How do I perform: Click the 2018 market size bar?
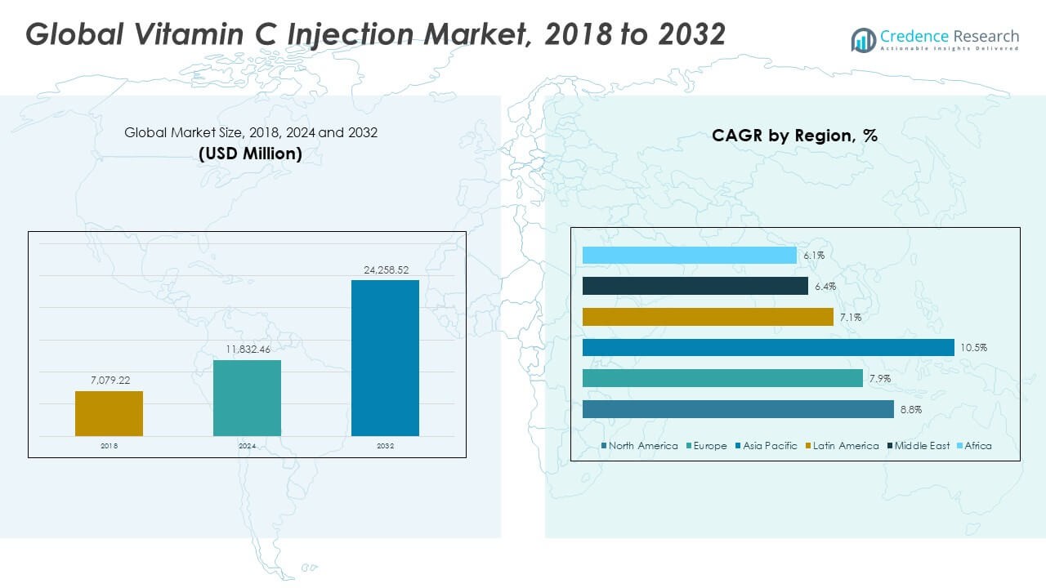[x=109, y=413]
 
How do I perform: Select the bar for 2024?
[x=247, y=398]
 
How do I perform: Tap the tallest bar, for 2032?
[x=385, y=358]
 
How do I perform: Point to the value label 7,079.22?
[x=109, y=381]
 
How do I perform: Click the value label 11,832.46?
[x=247, y=349]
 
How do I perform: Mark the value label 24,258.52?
[x=385, y=269]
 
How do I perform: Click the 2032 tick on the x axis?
[x=385, y=446]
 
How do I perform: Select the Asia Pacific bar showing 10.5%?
[x=768, y=347]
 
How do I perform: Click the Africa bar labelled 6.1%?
[x=689, y=256]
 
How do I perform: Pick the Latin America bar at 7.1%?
[x=708, y=317]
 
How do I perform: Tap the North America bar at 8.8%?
[x=738, y=409]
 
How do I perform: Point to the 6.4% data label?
[x=825, y=287]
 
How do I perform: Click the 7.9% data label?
[x=879, y=379]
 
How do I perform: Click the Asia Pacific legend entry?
[x=769, y=446]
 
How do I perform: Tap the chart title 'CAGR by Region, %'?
[x=794, y=136]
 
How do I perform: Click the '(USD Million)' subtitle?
[x=250, y=153]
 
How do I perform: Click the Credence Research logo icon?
[x=863, y=39]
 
